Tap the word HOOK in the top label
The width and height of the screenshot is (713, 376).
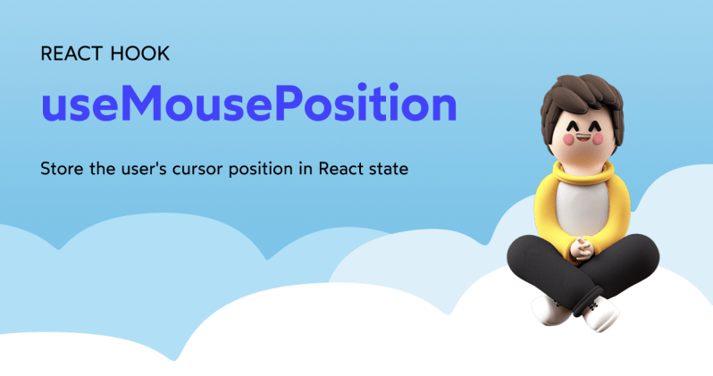point(139,54)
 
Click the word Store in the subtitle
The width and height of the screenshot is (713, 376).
point(62,169)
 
